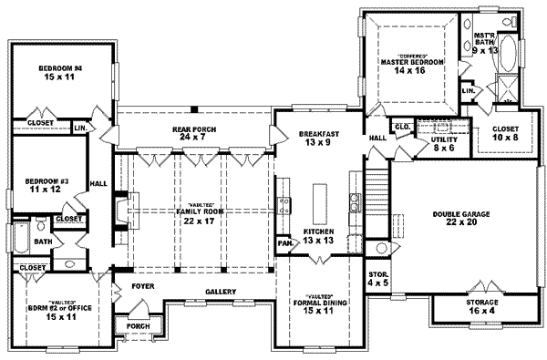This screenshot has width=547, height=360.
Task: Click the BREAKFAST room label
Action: tap(319, 134)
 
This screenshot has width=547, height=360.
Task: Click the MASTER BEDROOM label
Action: tap(412, 62)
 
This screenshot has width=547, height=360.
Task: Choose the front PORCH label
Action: tap(139, 325)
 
